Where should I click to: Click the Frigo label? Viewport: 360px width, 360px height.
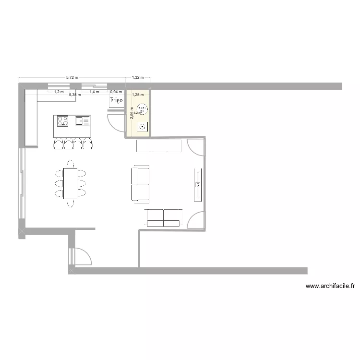(116, 101)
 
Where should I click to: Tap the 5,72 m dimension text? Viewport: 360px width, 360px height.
(72, 77)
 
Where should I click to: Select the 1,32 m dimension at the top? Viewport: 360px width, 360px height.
(138, 77)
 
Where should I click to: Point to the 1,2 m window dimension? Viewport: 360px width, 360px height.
(59, 92)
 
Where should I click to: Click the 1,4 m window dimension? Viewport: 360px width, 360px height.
(94, 92)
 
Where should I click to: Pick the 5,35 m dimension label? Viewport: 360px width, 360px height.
(75, 95)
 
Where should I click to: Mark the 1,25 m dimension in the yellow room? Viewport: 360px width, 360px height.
(138, 95)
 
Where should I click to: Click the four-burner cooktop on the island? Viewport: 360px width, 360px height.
(63, 121)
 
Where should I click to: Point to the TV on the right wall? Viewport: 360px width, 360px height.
(197, 184)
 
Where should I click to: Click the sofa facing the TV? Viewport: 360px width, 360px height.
(140, 184)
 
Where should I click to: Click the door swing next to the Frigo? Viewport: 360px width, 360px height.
(115, 123)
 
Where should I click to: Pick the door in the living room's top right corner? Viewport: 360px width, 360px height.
(195, 146)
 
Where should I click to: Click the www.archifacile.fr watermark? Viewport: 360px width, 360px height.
(330, 286)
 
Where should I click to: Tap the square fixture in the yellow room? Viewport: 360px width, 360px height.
(143, 127)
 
